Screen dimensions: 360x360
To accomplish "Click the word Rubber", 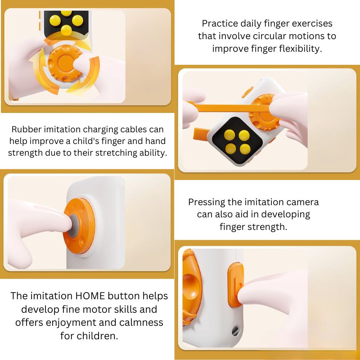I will point(26,129).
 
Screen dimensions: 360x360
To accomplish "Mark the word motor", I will point(106,309).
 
